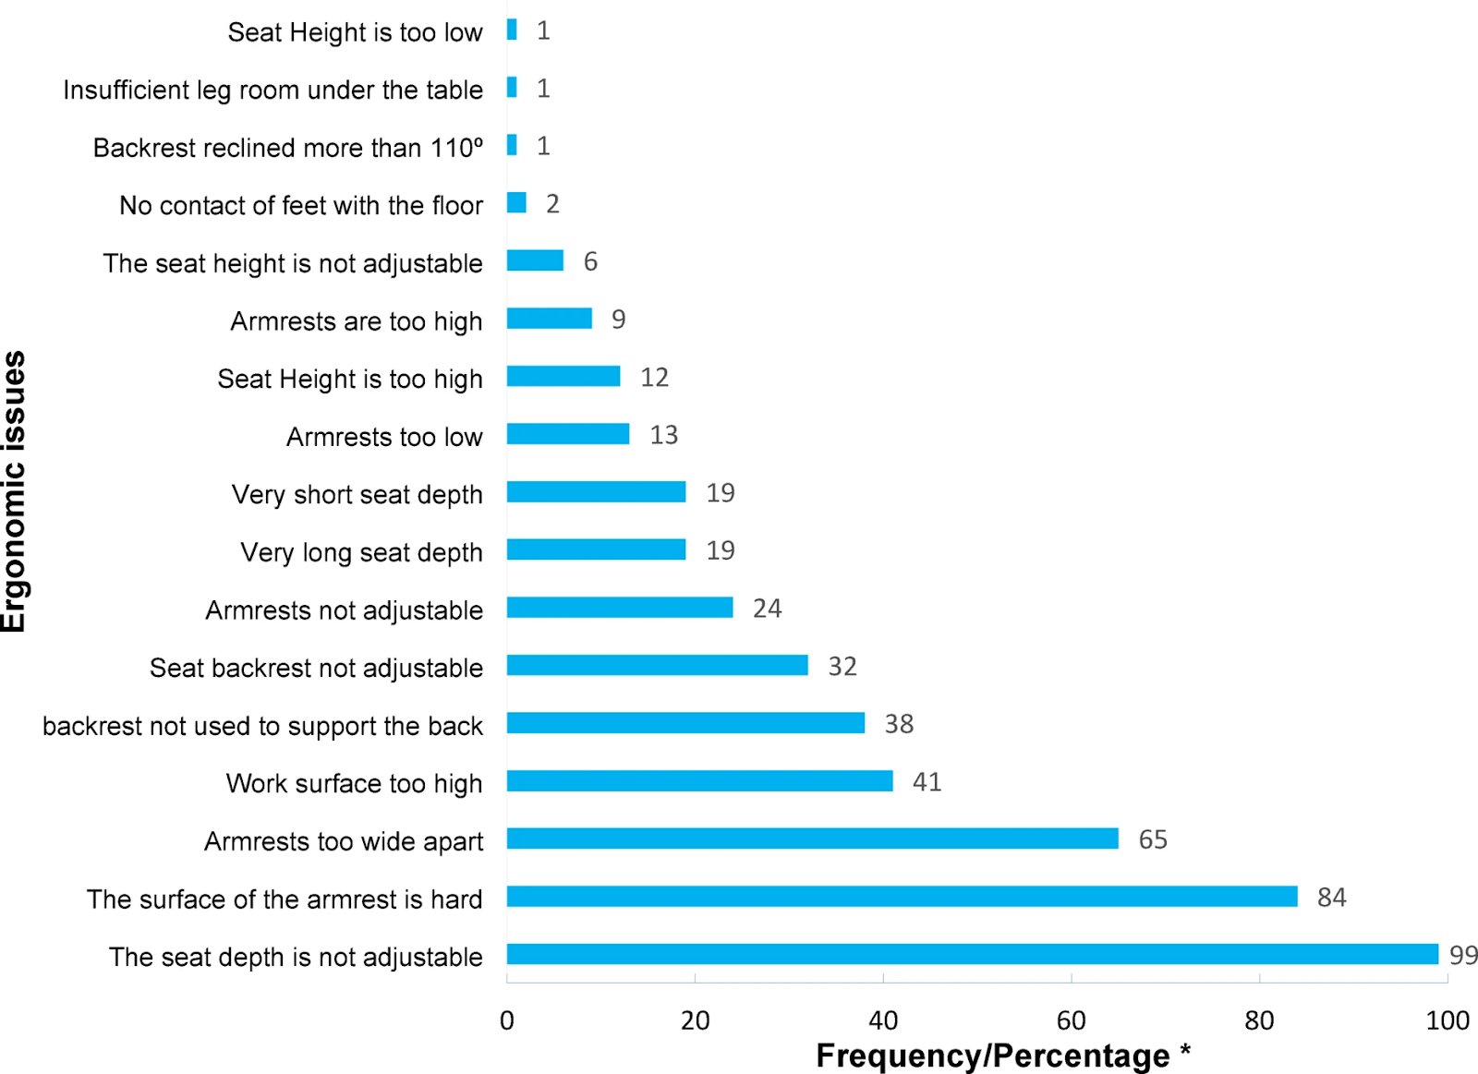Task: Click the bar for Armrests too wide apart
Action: [x=812, y=839]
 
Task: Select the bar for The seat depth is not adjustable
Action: [x=972, y=954]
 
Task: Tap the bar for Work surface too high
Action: [x=699, y=781]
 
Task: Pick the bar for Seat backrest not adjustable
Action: [x=657, y=665]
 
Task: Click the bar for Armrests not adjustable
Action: [x=619, y=608]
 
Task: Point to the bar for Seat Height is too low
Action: [x=512, y=30]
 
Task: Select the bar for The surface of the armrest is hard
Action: [x=902, y=896]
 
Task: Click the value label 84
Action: [x=1331, y=897]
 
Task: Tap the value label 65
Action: [x=1152, y=839]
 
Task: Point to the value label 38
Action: [x=899, y=724]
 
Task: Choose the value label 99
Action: [x=1463, y=955]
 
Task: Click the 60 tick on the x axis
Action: [x=1071, y=1020]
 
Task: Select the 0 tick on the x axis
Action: [x=507, y=1020]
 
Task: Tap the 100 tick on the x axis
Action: [x=1447, y=1020]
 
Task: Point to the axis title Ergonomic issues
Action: [x=15, y=491]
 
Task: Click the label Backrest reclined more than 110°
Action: [x=287, y=148]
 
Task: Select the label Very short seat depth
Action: [x=357, y=494]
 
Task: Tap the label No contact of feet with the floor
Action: [x=300, y=205]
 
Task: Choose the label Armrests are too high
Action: [x=356, y=321]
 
